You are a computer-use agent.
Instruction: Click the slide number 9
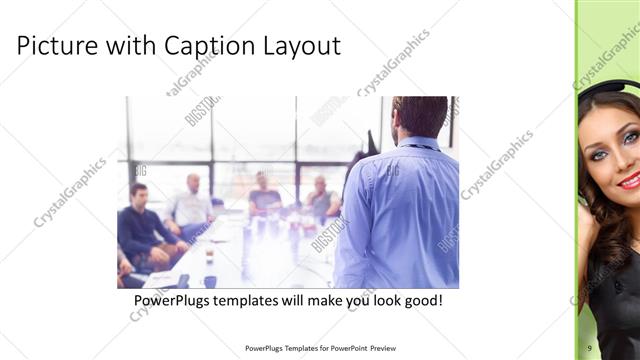click(590, 347)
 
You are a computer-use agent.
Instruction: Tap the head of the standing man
click(419, 115)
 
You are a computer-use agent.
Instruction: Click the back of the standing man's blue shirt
click(400, 210)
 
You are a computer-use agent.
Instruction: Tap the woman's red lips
click(629, 181)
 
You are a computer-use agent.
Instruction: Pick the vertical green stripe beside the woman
click(577, 200)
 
